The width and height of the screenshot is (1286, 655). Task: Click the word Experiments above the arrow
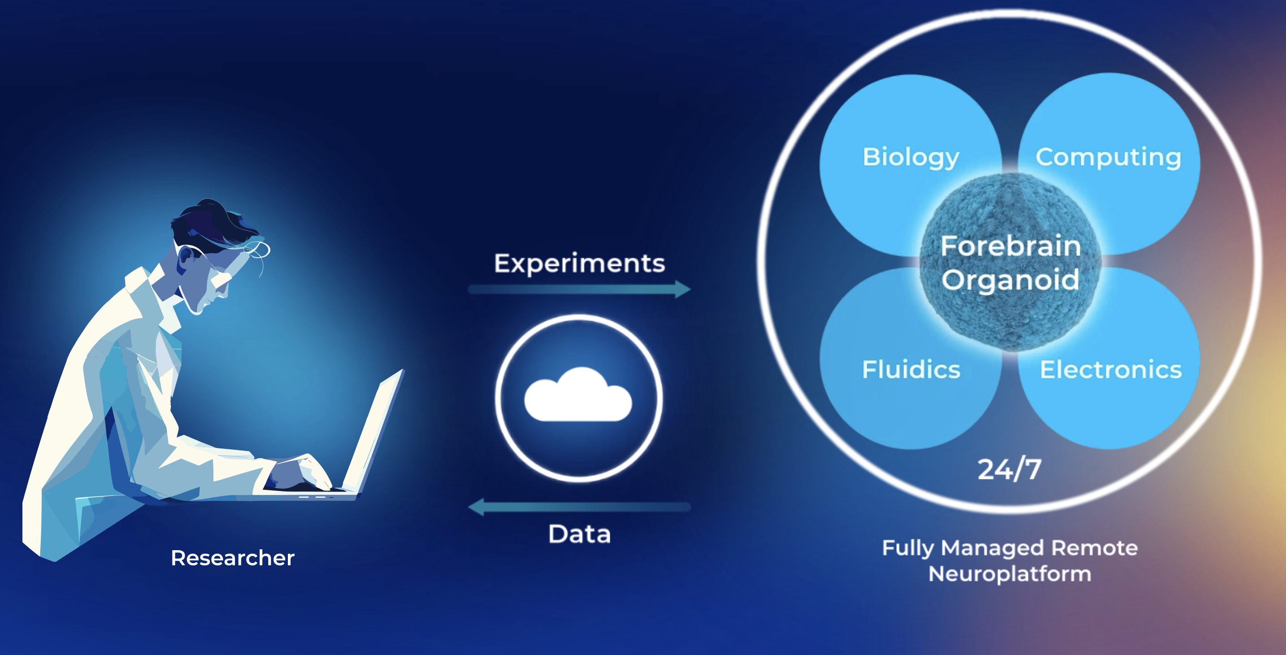click(x=579, y=263)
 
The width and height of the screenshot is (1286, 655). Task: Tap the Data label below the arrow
click(x=579, y=534)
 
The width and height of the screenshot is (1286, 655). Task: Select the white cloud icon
click(x=578, y=396)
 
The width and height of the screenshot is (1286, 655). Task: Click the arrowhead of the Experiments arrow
click(x=682, y=289)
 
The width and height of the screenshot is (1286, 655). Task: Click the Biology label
click(x=911, y=157)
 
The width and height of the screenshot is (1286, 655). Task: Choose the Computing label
click(x=1108, y=157)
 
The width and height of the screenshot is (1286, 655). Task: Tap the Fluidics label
click(x=911, y=370)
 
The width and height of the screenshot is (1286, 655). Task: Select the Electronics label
click(x=1111, y=370)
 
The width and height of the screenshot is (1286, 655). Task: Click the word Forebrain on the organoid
click(x=1011, y=246)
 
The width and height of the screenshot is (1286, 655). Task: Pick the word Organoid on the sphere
click(x=1011, y=280)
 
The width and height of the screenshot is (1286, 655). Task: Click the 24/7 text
click(x=1009, y=470)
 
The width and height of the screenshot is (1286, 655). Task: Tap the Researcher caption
click(x=233, y=558)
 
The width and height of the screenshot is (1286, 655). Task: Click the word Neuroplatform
click(x=1009, y=574)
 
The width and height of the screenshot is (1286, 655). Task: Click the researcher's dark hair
click(x=215, y=220)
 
